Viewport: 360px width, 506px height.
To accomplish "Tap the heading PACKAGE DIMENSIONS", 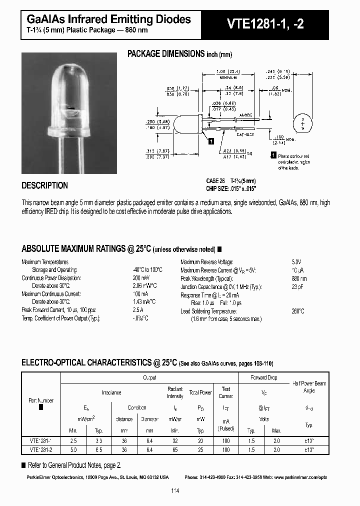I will point(166,54).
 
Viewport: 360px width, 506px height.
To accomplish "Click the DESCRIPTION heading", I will point(44,185).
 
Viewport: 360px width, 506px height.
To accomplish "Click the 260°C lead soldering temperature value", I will point(298,311).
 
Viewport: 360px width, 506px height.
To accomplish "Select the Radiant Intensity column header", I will point(175,392).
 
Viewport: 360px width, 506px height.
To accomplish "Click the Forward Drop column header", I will point(264,377).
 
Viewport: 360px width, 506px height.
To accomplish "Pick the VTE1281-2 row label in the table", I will point(41,449).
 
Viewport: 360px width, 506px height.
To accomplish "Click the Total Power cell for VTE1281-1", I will point(200,440).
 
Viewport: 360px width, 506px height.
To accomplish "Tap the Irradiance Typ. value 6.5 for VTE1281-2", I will point(99,449).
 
